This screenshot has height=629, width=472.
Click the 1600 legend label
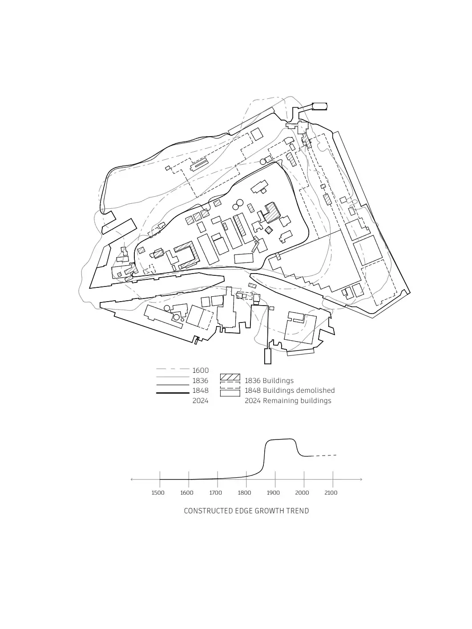(x=200, y=371)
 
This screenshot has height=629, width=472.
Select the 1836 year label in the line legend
(x=200, y=381)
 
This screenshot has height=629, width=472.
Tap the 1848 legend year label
(x=200, y=391)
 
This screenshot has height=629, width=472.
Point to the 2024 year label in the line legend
(x=200, y=401)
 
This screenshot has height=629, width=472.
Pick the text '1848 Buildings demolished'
(x=290, y=391)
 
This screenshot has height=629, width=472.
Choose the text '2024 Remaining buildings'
(x=288, y=401)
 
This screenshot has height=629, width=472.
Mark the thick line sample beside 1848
(x=173, y=393)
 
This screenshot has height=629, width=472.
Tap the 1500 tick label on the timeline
(x=158, y=493)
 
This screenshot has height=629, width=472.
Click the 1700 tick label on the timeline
(x=216, y=493)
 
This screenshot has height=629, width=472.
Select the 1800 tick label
(x=245, y=493)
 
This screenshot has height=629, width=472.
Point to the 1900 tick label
(x=274, y=493)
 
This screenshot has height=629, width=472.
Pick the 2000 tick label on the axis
(x=302, y=493)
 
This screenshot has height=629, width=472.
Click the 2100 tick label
(x=331, y=493)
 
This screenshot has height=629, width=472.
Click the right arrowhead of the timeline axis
(x=361, y=480)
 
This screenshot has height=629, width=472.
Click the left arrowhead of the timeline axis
(x=132, y=480)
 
